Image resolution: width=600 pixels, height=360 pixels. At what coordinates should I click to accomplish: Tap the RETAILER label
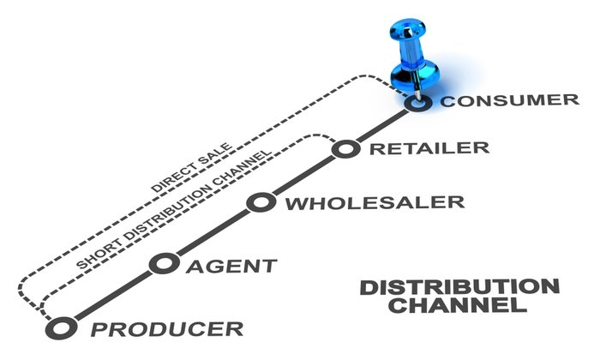tap(429, 147)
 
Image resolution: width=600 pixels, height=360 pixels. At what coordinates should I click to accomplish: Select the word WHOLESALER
tap(374, 203)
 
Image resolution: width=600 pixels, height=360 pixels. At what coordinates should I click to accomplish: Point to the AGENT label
tap(231, 265)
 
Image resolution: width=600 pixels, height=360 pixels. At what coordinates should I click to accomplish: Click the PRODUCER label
tap(166, 328)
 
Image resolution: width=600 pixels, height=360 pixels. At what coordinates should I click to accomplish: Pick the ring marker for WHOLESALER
tap(260, 202)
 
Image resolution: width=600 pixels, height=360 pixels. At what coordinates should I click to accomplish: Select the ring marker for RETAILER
tap(345, 149)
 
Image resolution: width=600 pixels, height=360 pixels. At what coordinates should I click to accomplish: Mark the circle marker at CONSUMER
tap(417, 103)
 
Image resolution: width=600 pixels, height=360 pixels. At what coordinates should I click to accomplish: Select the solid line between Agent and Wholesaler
tap(211, 232)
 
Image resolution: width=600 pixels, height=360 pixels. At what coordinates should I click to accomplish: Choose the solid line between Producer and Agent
tap(110, 295)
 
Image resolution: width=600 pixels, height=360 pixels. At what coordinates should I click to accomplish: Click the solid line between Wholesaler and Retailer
tap(303, 176)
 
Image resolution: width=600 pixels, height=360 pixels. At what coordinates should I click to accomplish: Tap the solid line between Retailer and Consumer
tap(381, 126)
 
